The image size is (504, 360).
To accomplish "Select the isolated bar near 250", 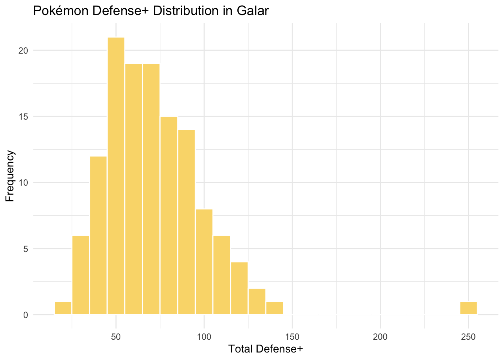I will (x=468, y=308).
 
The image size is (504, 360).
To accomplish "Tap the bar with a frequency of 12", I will (x=98, y=235).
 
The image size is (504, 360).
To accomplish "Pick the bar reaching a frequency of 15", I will (x=169, y=215).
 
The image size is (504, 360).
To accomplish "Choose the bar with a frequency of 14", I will (x=186, y=222).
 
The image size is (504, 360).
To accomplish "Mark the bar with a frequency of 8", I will (x=204, y=262).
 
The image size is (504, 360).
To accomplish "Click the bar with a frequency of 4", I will (x=239, y=288).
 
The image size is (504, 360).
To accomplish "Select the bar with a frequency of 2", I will (x=257, y=301).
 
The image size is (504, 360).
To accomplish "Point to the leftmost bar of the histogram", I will (x=63, y=308).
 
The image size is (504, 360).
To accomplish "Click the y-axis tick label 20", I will (x=24, y=51).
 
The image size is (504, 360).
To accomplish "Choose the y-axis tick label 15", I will (x=24, y=117).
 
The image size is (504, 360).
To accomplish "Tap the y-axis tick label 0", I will (x=26, y=315).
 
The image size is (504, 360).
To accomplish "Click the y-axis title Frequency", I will (x=10, y=176).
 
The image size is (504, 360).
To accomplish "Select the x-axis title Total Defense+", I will (x=265, y=349).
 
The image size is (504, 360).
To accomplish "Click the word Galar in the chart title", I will (x=253, y=11).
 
